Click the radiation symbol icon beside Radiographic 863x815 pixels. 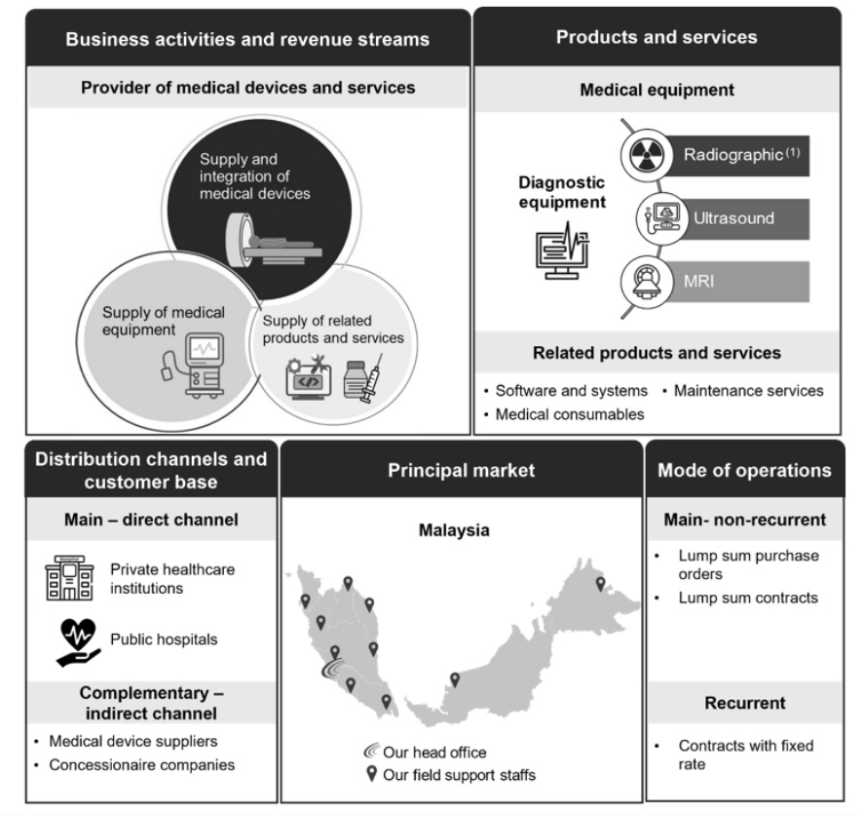click(647, 155)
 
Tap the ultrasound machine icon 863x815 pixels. click(662, 218)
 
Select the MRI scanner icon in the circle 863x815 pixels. click(647, 282)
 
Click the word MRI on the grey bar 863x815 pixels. click(699, 282)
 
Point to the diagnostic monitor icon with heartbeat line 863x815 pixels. click(562, 251)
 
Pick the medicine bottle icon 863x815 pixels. click(355, 379)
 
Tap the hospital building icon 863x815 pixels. click(69, 578)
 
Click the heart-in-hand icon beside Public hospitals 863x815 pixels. click(78, 642)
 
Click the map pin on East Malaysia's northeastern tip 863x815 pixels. click(600, 584)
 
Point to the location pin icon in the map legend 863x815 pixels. click(372, 774)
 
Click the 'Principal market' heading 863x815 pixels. click(462, 470)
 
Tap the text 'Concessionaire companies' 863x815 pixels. click(142, 765)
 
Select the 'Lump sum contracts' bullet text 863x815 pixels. click(748, 598)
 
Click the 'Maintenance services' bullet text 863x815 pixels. click(748, 391)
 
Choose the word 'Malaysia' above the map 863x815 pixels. click(454, 530)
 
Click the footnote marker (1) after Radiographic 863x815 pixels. click(793, 152)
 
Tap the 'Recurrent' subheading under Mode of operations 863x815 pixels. click(745, 703)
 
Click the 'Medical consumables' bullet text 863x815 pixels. click(570, 414)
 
